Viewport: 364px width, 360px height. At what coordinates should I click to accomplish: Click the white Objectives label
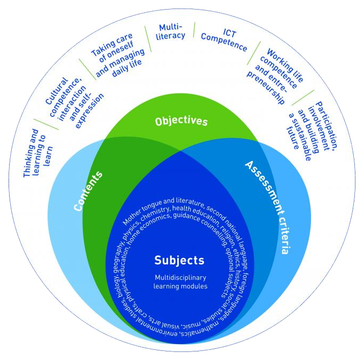pyautogui.click(x=181, y=122)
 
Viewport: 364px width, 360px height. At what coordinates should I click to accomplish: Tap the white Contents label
pyautogui.click(x=88, y=191)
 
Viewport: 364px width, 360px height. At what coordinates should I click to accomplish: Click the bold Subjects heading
pyautogui.click(x=179, y=260)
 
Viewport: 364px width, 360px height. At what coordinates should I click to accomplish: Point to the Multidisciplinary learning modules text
pyautogui.click(x=180, y=282)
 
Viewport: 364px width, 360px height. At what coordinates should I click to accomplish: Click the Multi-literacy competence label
pyautogui.click(x=172, y=31)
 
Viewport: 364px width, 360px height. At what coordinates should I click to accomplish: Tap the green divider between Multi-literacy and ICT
pyautogui.click(x=194, y=30)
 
